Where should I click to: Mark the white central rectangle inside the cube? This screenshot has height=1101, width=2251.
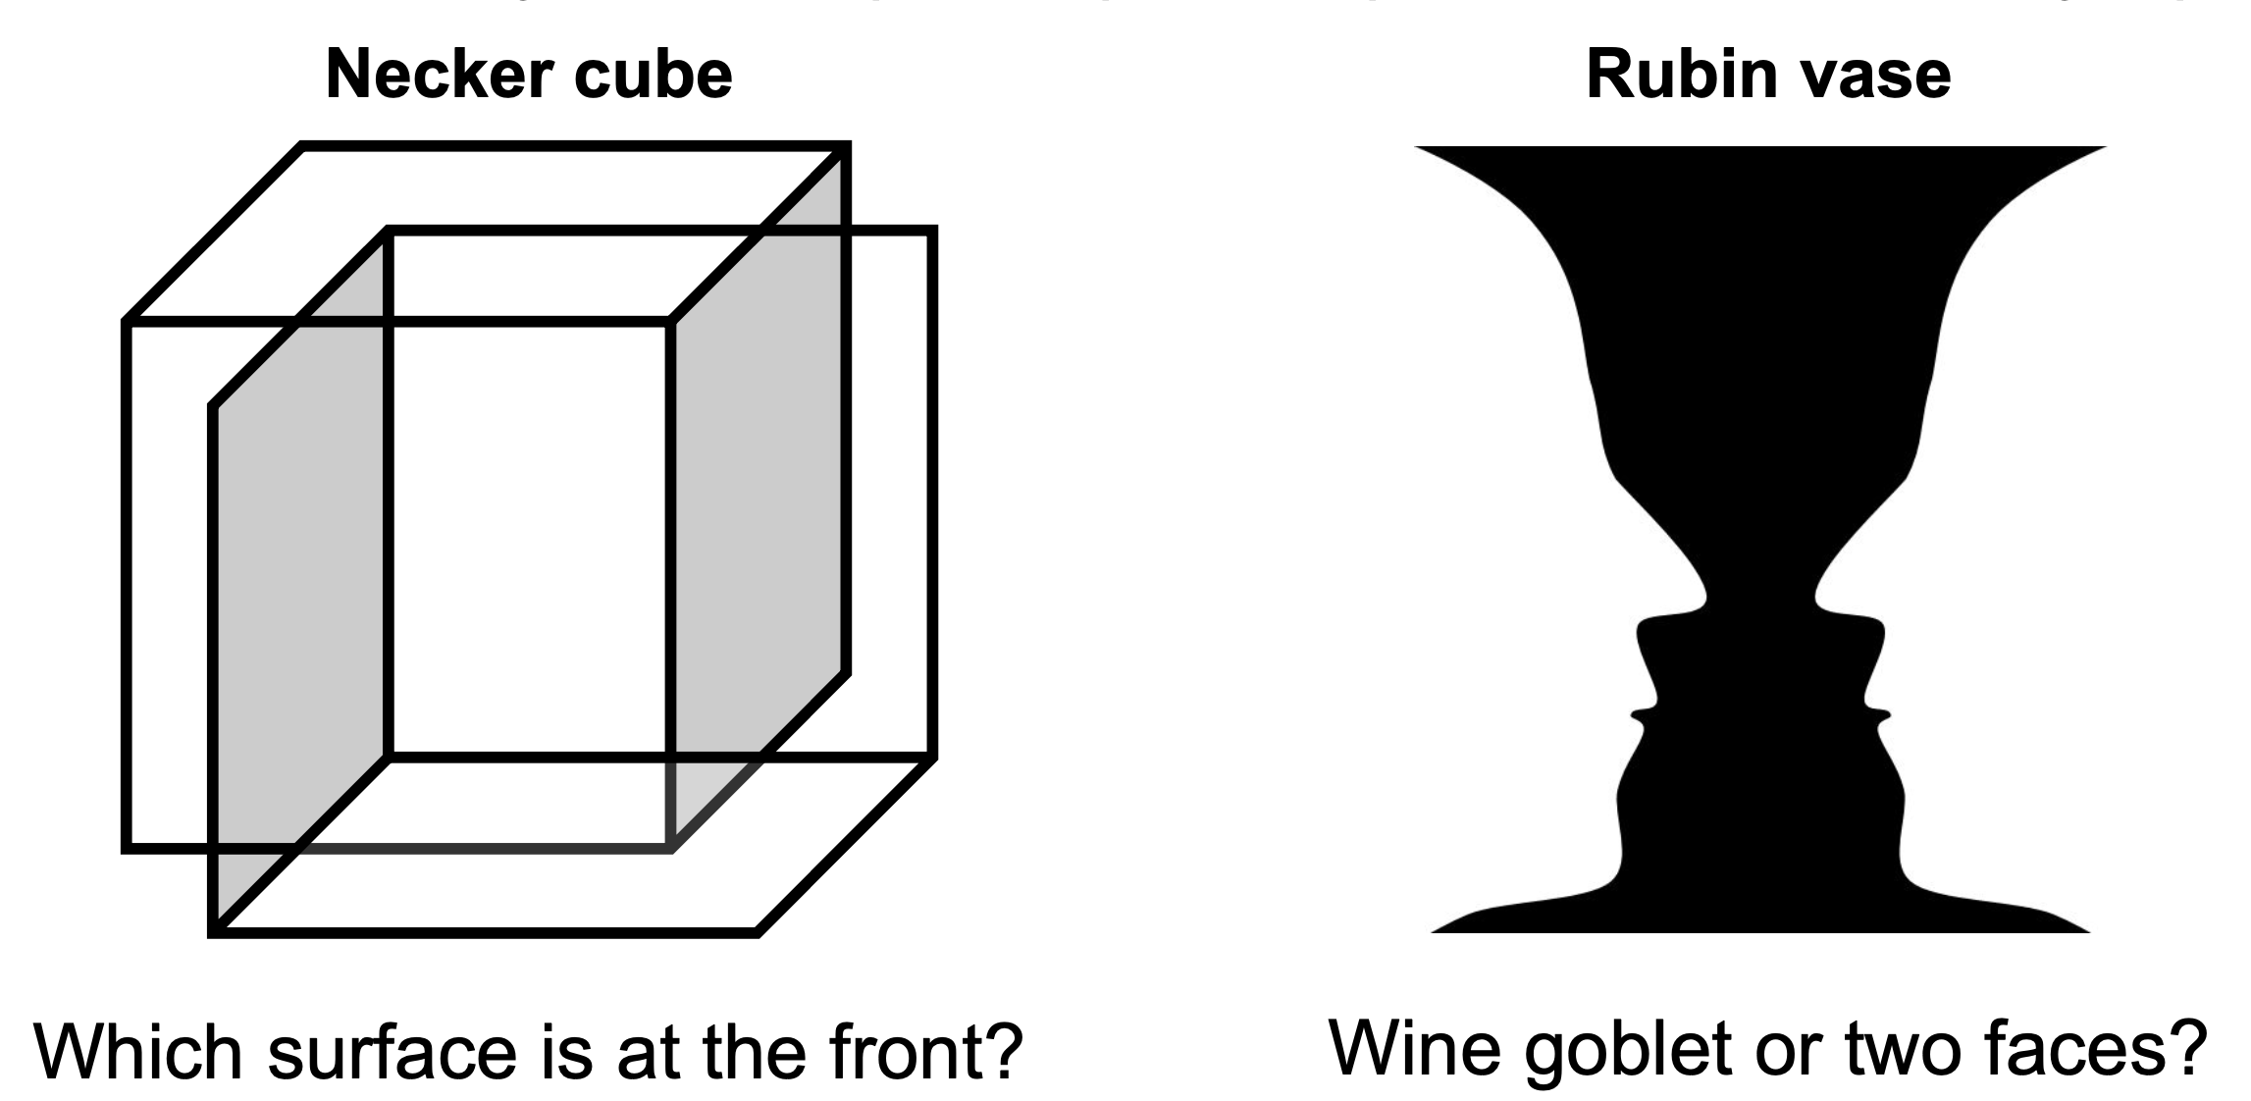click(530, 540)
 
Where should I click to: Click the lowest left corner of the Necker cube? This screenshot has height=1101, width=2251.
click(215, 930)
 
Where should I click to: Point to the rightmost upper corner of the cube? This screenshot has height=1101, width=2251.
click(932, 232)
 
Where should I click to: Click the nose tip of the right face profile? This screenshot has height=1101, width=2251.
click(1880, 627)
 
